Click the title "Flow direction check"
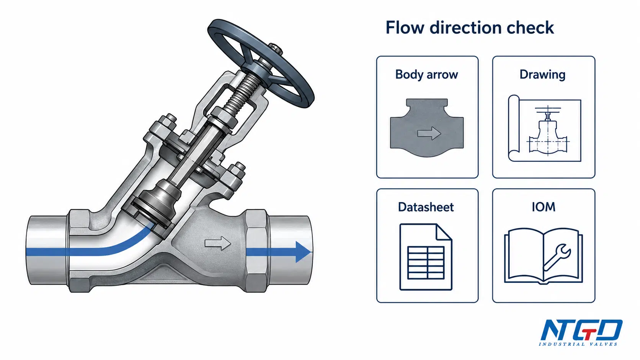[x=470, y=28]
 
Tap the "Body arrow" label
[x=426, y=75]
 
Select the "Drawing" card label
[x=542, y=75]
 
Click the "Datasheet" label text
[x=426, y=207]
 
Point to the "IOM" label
[x=544, y=207]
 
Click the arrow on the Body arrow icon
[x=429, y=133]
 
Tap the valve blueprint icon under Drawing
[x=545, y=128]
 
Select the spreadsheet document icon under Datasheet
[x=426, y=257]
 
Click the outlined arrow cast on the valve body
[x=218, y=243]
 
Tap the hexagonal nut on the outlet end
[x=257, y=251]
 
